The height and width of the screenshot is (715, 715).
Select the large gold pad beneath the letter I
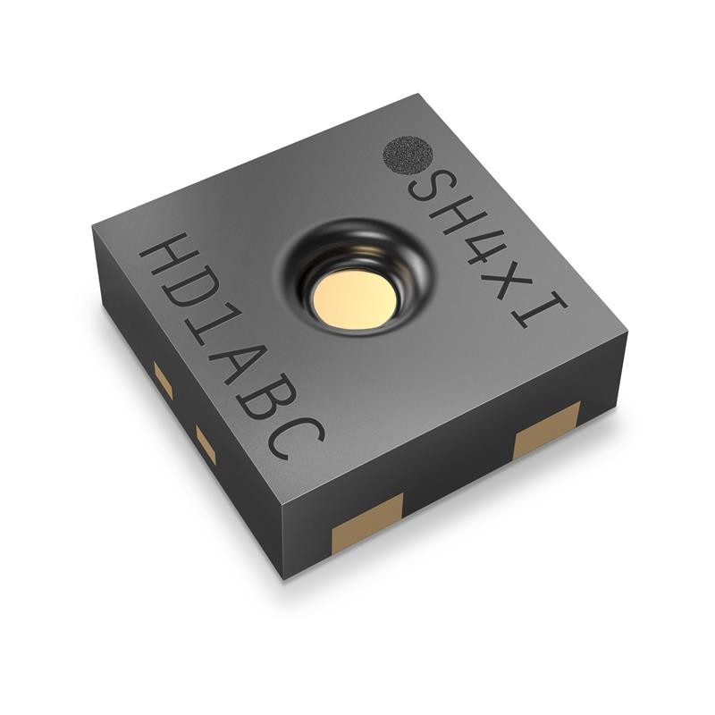click(546, 429)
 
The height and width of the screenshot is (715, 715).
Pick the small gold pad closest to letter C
click(206, 444)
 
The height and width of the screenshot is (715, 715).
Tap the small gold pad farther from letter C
click(163, 380)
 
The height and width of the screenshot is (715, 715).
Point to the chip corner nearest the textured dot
click(419, 96)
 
